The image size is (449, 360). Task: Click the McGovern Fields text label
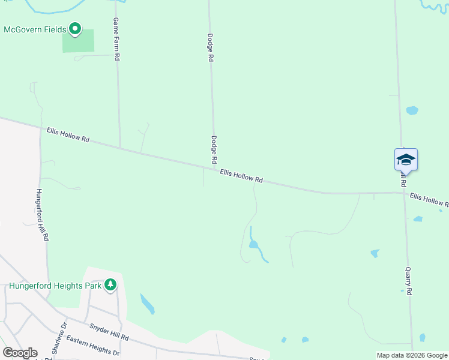tap(35, 29)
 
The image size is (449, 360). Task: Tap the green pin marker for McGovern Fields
tap(75, 29)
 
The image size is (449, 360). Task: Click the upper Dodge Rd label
tap(211, 49)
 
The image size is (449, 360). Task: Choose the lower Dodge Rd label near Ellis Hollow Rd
tap(213, 149)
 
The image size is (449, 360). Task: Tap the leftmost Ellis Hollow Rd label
tap(68, 135)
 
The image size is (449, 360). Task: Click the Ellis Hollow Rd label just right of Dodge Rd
tap(241, 176)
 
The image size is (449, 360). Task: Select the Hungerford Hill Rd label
tap(41, 215)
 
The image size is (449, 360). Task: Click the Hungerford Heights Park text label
tap(54, 286)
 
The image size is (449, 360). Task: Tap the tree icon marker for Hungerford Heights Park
tap(110, 284)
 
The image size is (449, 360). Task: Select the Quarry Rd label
tap(408, 281)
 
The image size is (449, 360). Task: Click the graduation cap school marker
tap(406, 160)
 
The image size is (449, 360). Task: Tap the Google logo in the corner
tap(20, 353)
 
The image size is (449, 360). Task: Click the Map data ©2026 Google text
tap(412, 355)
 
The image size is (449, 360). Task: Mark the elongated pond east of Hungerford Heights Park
tap(147, 304)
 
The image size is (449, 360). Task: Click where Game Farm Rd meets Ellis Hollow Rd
tap(120, 148)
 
